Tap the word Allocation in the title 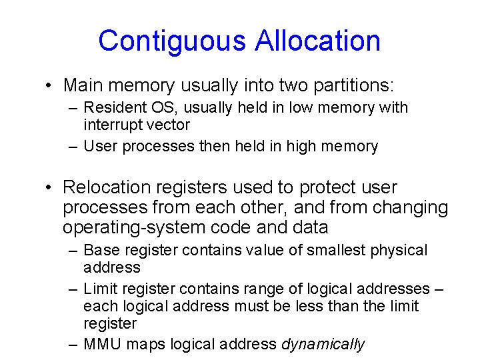point(317,41)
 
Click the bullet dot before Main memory point(49,86)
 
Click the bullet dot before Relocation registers point(49,189)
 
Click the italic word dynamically point(323,344)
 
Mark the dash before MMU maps point(73,344)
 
